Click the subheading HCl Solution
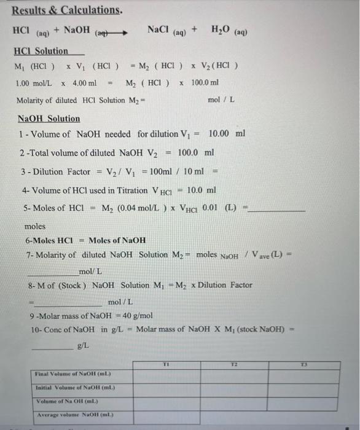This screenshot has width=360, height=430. click(41, 51)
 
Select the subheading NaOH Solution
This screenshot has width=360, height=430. click(49, 119)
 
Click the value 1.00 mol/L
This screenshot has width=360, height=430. click(33, 83)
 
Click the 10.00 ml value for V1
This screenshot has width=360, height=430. click(227, 133)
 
